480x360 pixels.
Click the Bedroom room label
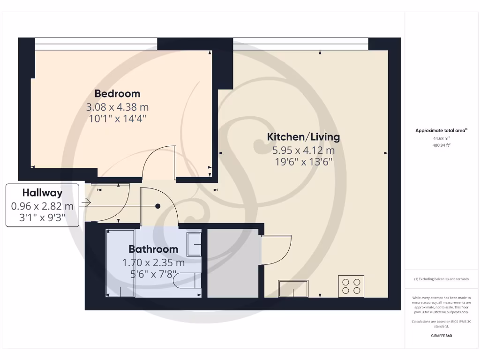pyautogui.click(x=117, y=93)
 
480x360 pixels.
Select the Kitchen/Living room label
pyautogui.click(x=303, y=137)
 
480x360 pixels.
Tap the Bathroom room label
pyautogui.click(x=153, y=249)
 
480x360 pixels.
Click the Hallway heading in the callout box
pyautogui.click(x=42, y=193)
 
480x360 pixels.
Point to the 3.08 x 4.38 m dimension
pyautogui.click(x=117, y=107)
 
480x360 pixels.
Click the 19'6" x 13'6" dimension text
pyautogui.click(x=303, y=162)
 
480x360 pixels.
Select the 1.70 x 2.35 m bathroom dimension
pyautogui.click(x=153, y=263)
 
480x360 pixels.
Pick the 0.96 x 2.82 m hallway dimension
pyautogui.click(x=42, y=206)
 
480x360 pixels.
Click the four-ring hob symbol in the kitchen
pyautogui.click(x=351, y=286)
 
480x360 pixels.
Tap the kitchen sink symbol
pyautogui.click(x=293, y=288)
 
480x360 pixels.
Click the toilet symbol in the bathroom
pyautogui.click(x=187, y=281)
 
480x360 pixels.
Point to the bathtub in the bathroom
pyautogui.click(x=120, y=262)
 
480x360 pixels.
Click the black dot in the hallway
pyautogui.click(x=158, y=206)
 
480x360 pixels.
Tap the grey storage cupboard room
pyautogui.click(x=233, y=262)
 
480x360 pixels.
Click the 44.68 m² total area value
pyautogui.click(x=441, y=138)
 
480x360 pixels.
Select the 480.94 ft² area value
pyautogui.click(x=441, y=145)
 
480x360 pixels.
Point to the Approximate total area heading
pyautogui.click(x=441, y=131)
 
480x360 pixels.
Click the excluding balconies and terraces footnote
pyautogui.click(x=441, y=279)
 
